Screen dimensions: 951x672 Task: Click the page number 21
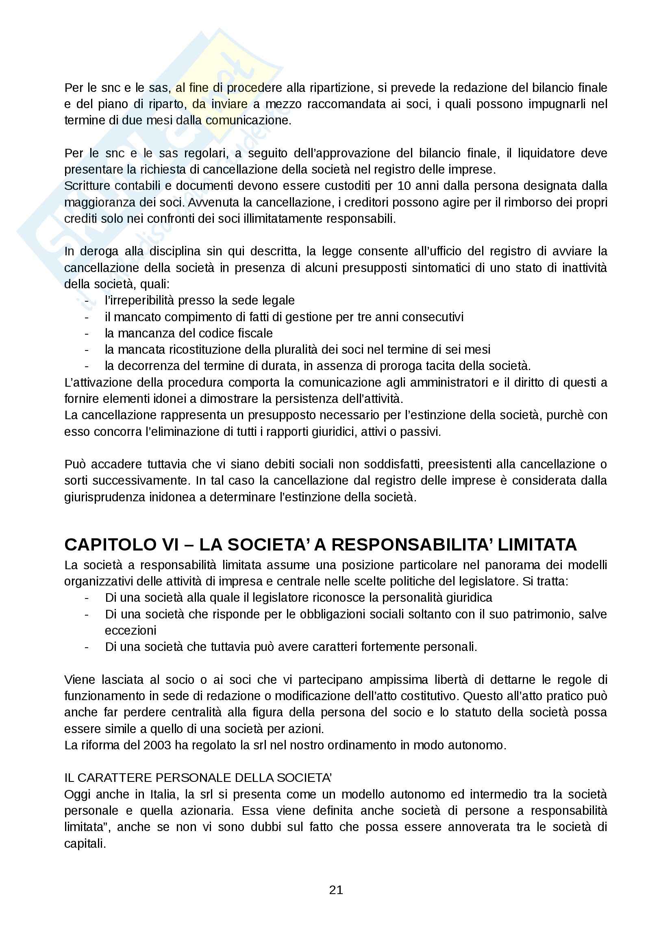(x=336, y=890)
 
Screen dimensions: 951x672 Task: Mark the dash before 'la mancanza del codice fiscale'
(x=87, y=333)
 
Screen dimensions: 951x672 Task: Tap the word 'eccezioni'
(x=130, y=631)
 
